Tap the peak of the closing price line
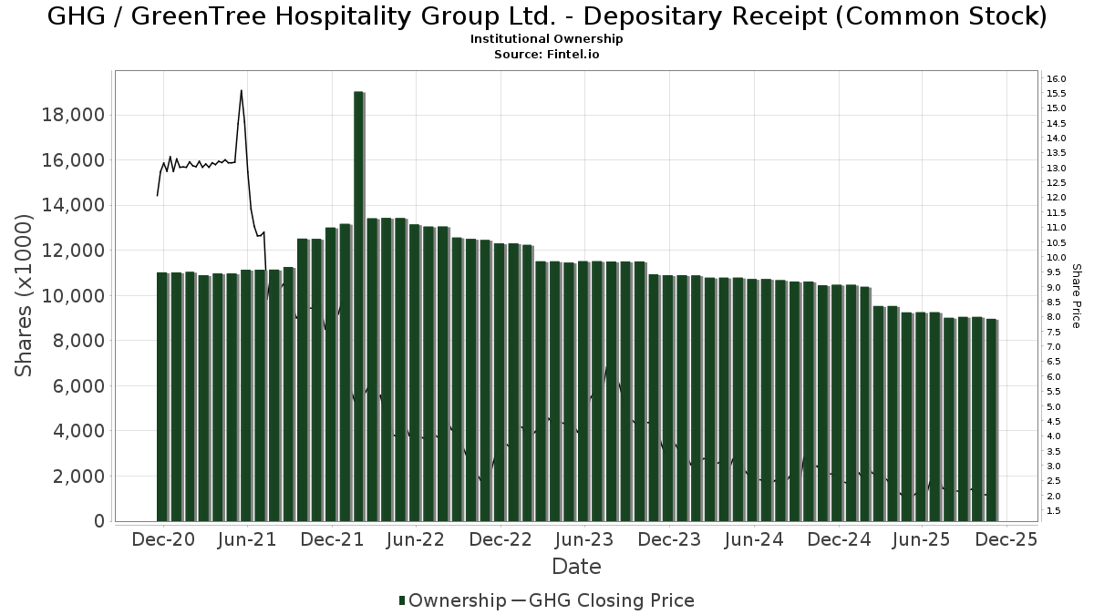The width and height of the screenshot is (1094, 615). coord(241,90)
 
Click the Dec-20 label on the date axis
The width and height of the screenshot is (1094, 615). coord(162,539)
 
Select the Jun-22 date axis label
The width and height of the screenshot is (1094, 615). coord(415,539)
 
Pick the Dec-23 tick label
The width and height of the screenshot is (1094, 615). coord(668,539)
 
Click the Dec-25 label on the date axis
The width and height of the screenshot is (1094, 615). coord(1006,539)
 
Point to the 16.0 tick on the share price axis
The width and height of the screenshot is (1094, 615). coord(1057,78)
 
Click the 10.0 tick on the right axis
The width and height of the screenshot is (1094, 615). coord(1057,258)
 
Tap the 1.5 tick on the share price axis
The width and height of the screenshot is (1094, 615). coord(1054,511)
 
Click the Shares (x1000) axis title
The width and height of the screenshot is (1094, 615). coord(25,296)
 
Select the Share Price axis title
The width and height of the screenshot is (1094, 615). coord(1076,296)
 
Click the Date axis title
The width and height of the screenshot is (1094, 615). coord(576,567)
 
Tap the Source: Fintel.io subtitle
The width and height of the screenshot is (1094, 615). coord(546,54)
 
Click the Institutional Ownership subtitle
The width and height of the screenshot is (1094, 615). coord(546,39)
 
